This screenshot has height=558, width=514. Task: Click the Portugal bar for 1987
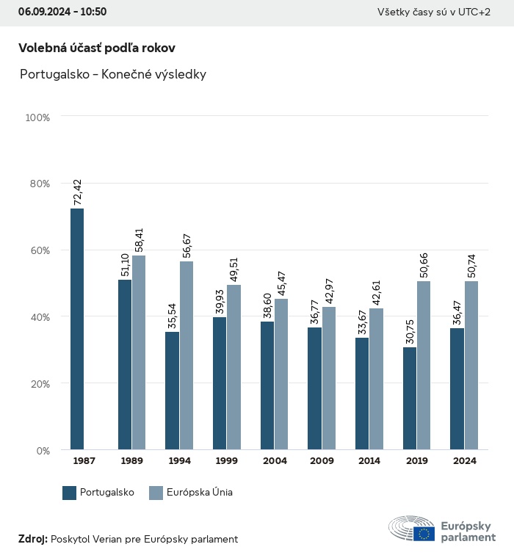coord(77,329)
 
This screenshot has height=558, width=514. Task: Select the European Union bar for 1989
coord(139,352)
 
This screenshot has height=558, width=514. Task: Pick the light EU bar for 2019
coord(424,365)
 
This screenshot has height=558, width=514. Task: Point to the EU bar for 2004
coord(281,374)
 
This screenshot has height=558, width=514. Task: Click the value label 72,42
coord(78,193)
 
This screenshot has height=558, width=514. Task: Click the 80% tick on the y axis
coord(38,184)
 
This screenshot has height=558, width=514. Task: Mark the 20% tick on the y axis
coord(38,384)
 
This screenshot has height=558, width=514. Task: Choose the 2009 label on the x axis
coord(322,461)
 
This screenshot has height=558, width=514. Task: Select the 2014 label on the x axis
coord(369,461)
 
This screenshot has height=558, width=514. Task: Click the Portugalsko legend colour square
coord(70,493)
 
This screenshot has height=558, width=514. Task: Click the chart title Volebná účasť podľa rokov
coord(97,48)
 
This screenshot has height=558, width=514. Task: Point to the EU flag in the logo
coord(424,534)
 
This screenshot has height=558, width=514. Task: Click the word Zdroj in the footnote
coord(32,539)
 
